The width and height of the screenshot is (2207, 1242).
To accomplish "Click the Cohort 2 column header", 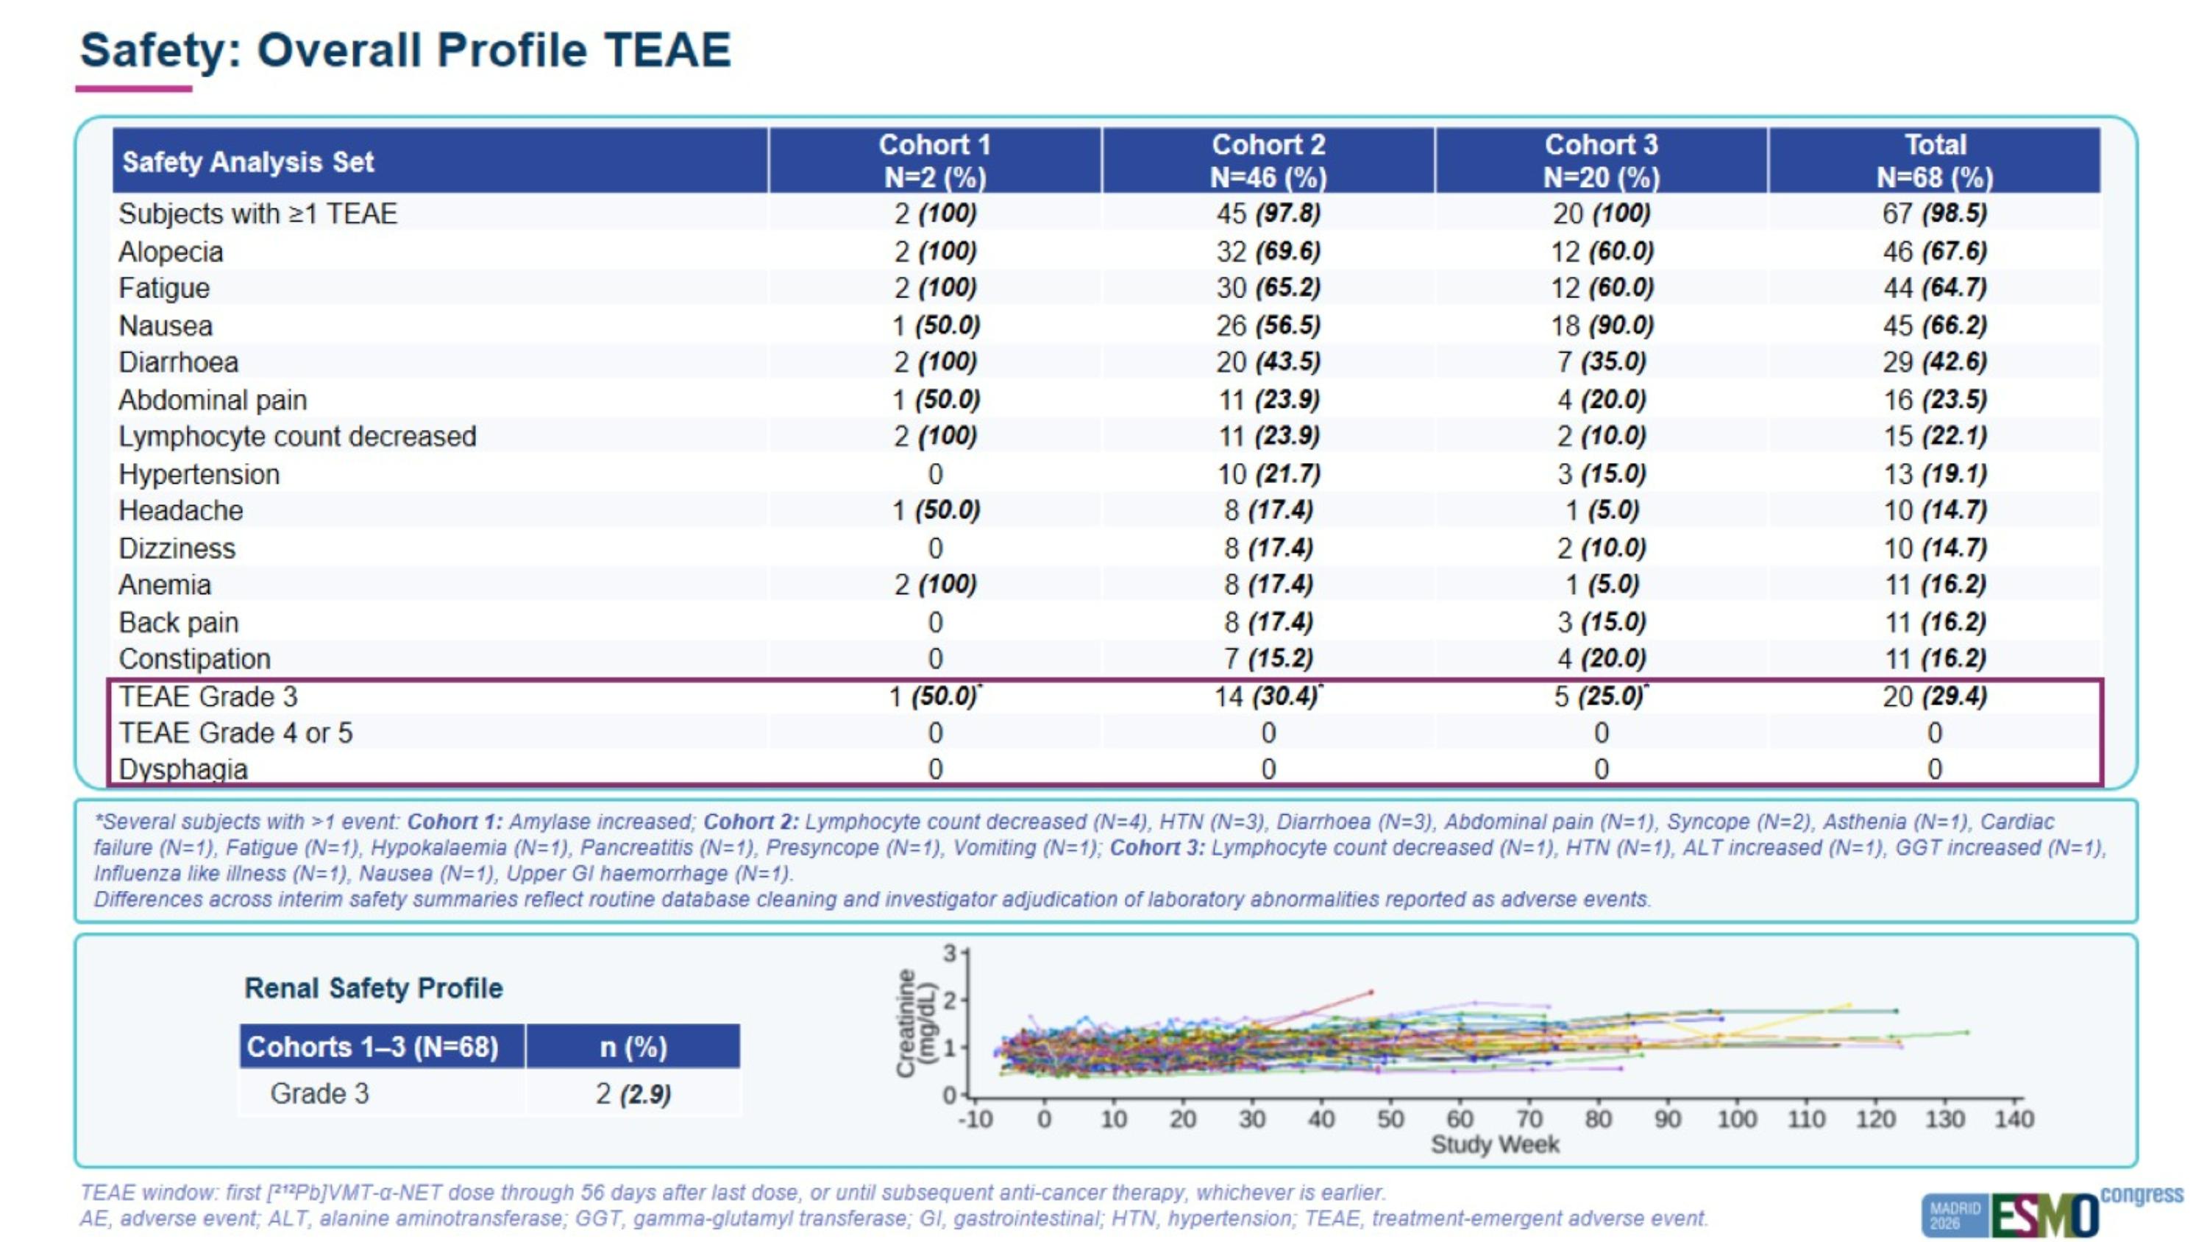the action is point(1268,161).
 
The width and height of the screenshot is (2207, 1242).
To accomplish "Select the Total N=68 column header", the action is point(1935,161).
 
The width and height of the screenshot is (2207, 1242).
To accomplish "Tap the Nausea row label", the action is point(166,325).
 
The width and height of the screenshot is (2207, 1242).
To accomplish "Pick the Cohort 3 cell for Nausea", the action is point(1600,325).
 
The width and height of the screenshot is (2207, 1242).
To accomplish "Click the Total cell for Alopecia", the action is point(1935,251).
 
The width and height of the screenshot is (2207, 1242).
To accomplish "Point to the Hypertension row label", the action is point(199,474).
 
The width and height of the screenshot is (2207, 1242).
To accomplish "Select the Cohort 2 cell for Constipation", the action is point(1268,658).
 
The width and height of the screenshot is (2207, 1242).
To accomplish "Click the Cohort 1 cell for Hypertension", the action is point(935,474).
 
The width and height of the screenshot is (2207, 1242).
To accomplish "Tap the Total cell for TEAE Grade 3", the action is point(1935,696).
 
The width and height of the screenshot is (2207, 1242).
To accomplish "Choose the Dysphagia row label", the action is point(182,769).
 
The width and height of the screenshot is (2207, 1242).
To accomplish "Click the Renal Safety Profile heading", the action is point(374,988).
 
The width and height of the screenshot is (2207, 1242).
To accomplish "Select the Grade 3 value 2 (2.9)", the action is point(633,1094).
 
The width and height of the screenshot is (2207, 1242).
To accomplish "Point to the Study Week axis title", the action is point(1494,1144).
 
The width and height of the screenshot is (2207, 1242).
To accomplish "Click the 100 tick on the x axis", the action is point(1737,1118).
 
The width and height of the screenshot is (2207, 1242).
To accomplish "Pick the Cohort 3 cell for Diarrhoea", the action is point(1600,361).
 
